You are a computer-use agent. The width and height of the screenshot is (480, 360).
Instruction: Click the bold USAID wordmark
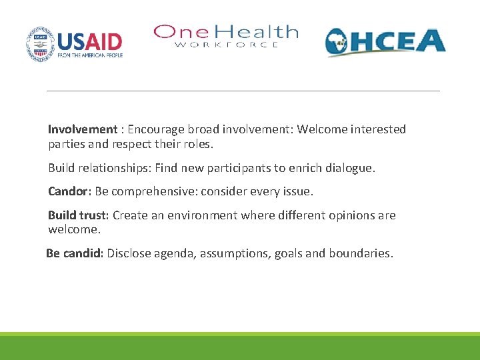89,42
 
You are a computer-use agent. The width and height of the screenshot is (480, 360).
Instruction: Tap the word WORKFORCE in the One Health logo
227,45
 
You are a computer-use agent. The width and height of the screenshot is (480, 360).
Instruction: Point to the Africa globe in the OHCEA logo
339,43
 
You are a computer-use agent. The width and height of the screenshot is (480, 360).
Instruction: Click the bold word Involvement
82,129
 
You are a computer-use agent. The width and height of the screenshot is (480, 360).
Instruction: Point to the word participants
231,169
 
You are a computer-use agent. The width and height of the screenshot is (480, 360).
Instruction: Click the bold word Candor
68,192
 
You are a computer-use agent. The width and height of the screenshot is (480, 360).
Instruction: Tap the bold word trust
95,215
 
